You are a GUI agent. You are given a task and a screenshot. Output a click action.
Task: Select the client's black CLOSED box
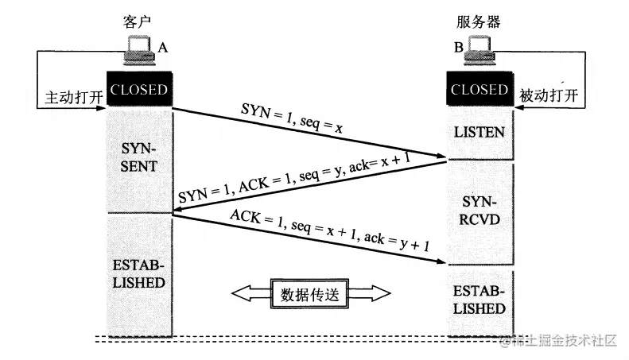pyautogui.click(x=139, y=90)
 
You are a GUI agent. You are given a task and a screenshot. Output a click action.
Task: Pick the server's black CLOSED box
pyautogui.click(x=479, y=90)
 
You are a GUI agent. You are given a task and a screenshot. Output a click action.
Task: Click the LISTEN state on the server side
pyautogui.click(x=479, y=132)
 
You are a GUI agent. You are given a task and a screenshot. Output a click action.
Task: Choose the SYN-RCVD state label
pyautogui.click(x=479, y=208)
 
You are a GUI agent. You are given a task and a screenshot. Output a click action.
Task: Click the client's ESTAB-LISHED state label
pyautogui.click(x=139, y=273)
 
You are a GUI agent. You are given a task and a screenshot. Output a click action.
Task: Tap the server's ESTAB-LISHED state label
pyautogui.click(x=479, y=299)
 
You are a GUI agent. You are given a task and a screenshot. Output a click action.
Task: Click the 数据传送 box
pyautogui.click(x=311, y=293)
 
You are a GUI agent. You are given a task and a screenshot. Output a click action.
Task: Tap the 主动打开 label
pyautogui.click(x=68, y=96)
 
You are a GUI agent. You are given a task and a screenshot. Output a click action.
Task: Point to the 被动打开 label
pyautogui.click(x=549, y=96)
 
